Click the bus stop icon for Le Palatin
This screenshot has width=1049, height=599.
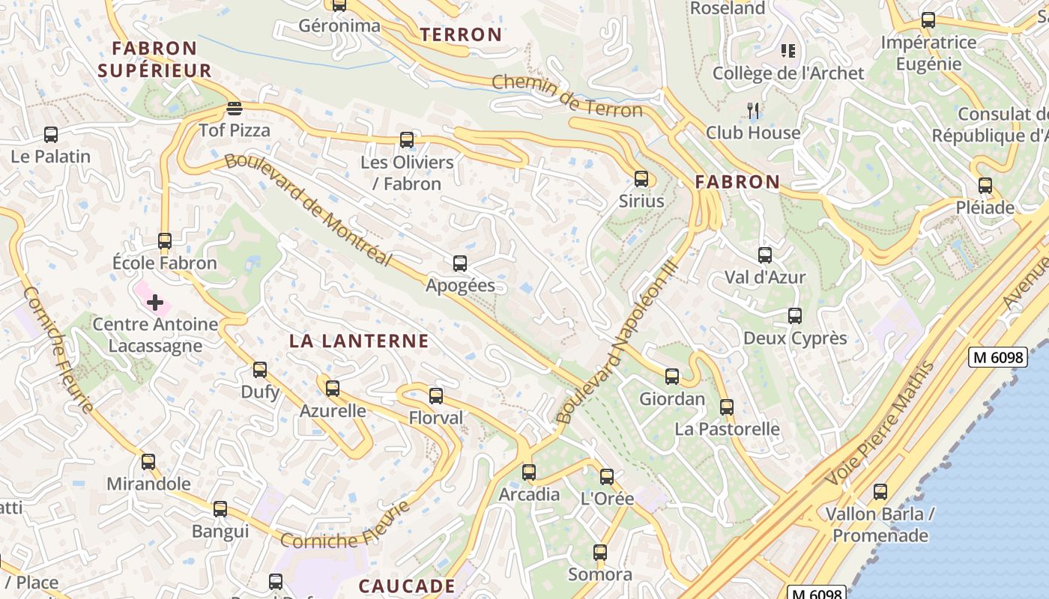click(51, 135)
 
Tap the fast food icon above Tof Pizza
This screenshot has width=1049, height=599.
click(235, 109)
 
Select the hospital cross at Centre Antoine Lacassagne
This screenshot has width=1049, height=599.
click(155, 302)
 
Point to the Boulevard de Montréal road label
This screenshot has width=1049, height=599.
click(308, 210)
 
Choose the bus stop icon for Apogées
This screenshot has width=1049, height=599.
click(460, 264)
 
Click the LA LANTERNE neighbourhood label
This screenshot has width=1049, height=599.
click(359, 341)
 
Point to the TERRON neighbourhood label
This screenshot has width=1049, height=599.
click(461, 34)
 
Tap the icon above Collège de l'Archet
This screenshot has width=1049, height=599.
click(787, 51)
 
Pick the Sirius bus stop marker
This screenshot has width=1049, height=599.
click(641, 179)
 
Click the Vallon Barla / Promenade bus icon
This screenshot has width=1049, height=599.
click(880, 492)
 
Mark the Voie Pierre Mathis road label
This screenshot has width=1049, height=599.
click(880, 423)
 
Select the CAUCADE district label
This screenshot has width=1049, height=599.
click(407, 586)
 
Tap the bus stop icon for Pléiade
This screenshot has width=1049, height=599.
click(985, 186)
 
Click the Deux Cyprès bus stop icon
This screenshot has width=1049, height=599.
click(795, 316)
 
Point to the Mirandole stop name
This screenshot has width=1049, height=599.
click(148, 484)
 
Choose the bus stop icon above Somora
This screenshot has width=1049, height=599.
click(600, 553)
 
